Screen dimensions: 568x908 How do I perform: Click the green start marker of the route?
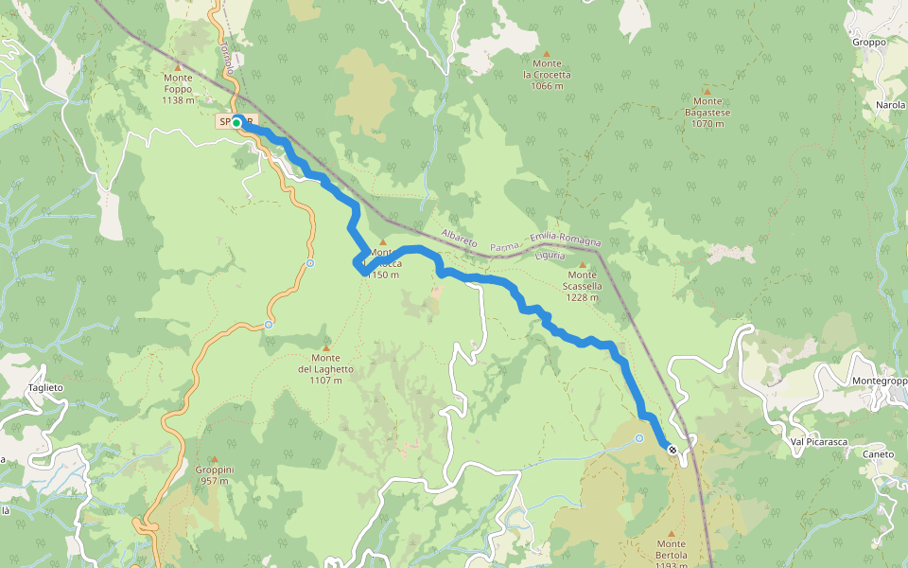tap(236, 122)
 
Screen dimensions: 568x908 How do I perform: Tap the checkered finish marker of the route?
tap(672, 450)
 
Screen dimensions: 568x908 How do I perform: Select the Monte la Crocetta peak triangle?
tap(547, 53)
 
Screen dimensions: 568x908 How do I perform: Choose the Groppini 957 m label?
tap(215, 474)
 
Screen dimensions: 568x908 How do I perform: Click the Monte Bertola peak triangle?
tap(672, 533)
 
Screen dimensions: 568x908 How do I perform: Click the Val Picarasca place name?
tap(818, 442)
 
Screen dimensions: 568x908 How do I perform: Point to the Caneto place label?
tap(878, 454)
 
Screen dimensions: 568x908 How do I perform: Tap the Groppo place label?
tap(868, 42)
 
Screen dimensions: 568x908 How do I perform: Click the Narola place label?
tap(890, 105)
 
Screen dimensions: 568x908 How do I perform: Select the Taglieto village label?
tap(44, 388)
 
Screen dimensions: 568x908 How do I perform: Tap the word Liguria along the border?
tap(549, 256)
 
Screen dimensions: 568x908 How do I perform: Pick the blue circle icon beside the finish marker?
tap(639, 437)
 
